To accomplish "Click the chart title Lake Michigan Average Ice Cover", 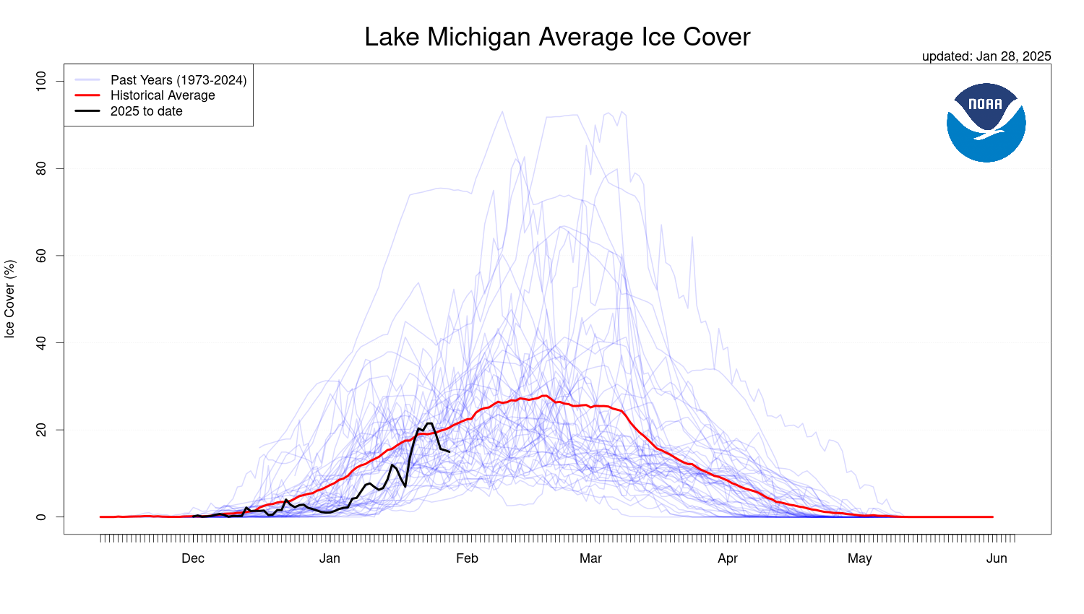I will tap(557, 37).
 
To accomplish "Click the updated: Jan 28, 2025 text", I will tap(986, 56).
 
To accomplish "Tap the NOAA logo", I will tap(986, 122).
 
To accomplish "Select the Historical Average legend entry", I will tap(163, 95).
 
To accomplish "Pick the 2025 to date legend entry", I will tap(146, 111).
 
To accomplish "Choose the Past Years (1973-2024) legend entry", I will tap(178, 80).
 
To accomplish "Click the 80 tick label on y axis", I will tap(40, 168).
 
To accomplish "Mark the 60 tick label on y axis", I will tap(40, 256).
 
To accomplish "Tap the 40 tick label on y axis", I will tap(40, 342).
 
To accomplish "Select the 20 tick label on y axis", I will tap(40, 430).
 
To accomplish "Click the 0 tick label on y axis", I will tap(40, 517).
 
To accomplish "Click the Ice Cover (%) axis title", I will tap(9, 299).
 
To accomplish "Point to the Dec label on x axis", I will tap(193, 558).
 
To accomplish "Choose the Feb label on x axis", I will tap(467, 558).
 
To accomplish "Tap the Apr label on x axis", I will tap(728, 558).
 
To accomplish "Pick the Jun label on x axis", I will tap(997, 558).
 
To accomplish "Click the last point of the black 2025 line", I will tap(449, 451).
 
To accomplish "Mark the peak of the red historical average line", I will tap(544, 396).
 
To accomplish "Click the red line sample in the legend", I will tap(87, 95).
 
